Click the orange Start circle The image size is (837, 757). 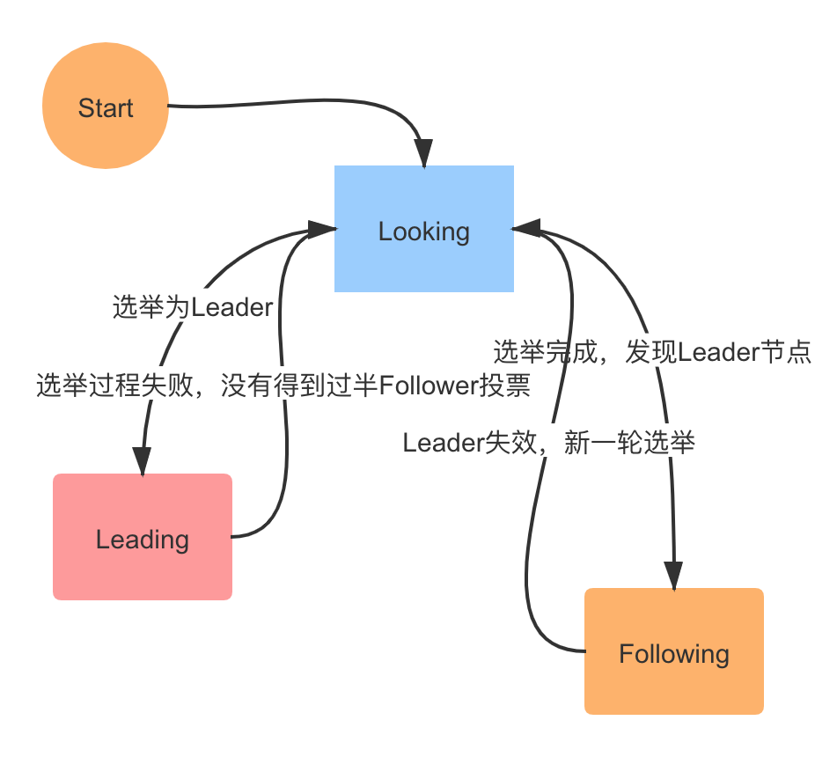click(x=106, y=105)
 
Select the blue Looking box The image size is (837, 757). click(x=423, y=228)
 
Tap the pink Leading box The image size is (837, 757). click(x=143, y=537)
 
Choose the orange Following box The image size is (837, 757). click(x=674, y=651)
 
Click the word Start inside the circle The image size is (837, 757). click(x=106, y=108)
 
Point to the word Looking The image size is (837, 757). click(x=423, y=232)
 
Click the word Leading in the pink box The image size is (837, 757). click(x=143, y=540)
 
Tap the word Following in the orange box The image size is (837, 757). click(x=674, y=654)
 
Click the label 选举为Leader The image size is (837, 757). click(x=192, y=307)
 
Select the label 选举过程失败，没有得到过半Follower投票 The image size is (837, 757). click(x=283, y=386)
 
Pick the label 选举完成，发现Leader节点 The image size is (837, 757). click(x=651, y=351)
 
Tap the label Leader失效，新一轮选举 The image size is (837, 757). click(x=549, y=442)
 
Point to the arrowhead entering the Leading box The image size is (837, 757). click(x=142, y=461)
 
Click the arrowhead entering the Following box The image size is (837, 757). click(x=674, y=576)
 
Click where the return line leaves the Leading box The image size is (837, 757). click(x=233, y=536)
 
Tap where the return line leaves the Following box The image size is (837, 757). click(x=584, y=651)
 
